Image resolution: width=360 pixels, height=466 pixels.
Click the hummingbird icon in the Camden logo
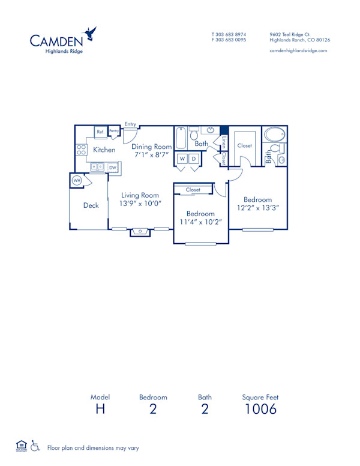click(x=91, y=33)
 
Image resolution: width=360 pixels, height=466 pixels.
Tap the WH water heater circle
click(x=77, y=180)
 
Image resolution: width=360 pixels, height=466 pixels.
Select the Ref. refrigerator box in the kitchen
click(x=100, y=132)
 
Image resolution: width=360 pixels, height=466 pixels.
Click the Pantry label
click(x=113, y=131)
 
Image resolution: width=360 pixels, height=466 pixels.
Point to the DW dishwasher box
click(x=112, y=168)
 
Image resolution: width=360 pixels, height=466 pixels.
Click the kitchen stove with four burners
click(x=81, y=150)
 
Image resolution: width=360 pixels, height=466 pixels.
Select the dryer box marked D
click(x=194, y=159)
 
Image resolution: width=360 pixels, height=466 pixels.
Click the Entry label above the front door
click(x=130, y=124)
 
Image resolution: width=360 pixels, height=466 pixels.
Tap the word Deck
click(x=91, y=205)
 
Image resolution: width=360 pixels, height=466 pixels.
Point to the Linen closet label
click(x=224, y=142)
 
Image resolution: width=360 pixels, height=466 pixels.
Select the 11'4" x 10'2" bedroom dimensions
click(x=200, y=222)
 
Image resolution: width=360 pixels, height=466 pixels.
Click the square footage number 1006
click(x=260, y=410)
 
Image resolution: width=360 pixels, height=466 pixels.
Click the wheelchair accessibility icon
click(x=35, y=447)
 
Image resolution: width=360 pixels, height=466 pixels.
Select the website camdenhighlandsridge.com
click(x=298, y=51)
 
